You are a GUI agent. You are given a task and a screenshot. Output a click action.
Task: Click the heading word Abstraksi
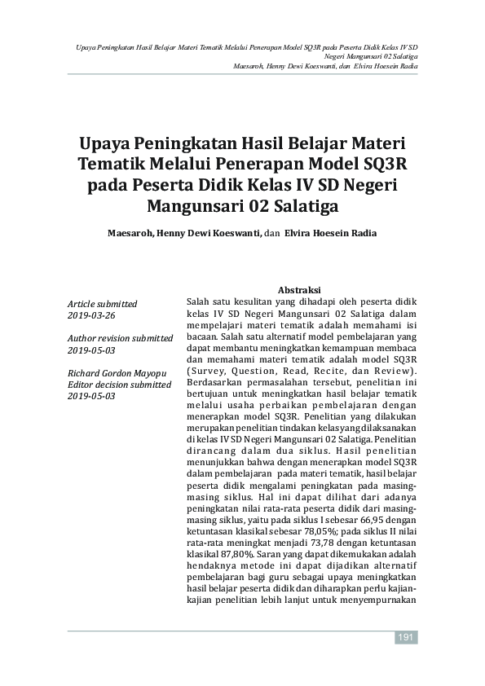tap(298, 290)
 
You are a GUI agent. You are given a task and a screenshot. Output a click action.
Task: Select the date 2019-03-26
tap(91, 314)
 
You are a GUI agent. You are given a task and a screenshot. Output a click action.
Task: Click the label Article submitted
tap(102, 304)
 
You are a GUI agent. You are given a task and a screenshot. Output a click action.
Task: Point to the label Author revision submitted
tap(120, 338)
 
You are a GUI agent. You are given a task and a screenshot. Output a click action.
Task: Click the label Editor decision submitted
tap(119, 384)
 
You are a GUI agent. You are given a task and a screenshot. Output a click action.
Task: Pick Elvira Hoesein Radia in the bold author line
tap(331, 232)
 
